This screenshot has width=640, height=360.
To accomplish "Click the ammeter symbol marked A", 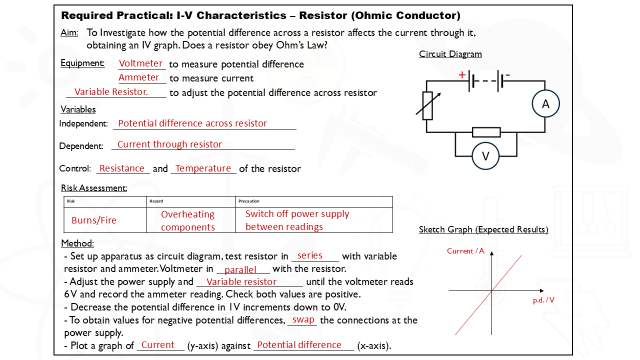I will pos(545,104).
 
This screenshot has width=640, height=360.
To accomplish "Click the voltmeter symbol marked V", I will pos(485,156).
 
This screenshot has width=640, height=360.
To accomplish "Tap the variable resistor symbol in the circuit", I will pos(427,105).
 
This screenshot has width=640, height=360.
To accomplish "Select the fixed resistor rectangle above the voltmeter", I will pos(486,132).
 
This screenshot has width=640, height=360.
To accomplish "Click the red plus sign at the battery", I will pos(462,75).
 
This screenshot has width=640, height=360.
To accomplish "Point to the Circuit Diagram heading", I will pos(450,54).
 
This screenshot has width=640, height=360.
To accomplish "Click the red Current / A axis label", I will pos(465,251).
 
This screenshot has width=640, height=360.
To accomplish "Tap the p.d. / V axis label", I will pos(543,300).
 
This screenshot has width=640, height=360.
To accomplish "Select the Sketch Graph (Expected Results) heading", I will pos(483,229).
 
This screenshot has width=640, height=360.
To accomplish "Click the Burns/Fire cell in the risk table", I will pos(94,220).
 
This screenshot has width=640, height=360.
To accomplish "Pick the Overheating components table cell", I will pos(188,220).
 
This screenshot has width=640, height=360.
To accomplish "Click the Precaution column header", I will pos(249,201).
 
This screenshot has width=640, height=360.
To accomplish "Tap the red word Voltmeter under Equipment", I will pos(140,63).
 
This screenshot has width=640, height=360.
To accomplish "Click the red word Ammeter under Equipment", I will pos(139,77).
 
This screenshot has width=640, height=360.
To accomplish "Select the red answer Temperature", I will pos(203,168).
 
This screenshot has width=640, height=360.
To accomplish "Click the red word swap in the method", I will pos(303,319).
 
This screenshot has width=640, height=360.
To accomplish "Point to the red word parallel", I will pos(240,270).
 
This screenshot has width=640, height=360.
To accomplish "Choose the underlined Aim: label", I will pos(69,33).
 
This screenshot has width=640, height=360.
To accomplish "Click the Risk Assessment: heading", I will pos(94,188).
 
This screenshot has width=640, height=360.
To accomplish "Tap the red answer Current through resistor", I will pos(169,144).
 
